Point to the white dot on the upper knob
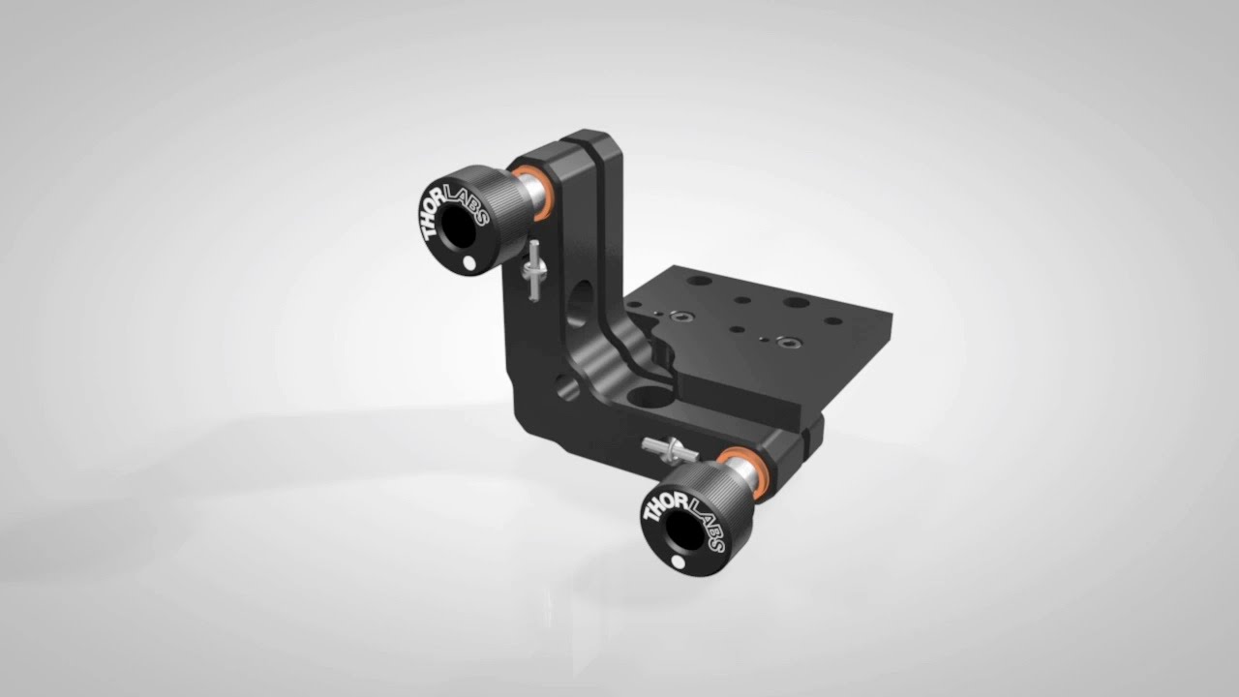click(x=469, y=262)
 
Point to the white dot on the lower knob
click(x=677, y=561)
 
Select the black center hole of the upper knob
click(x=458, y=226)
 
